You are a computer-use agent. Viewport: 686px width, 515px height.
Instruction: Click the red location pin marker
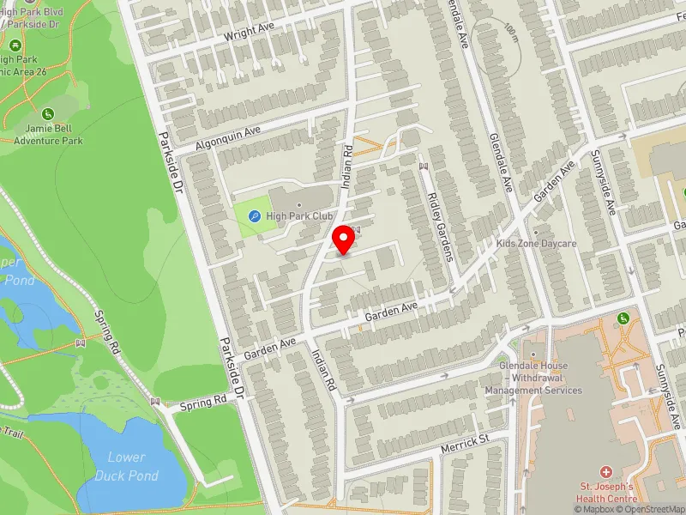(344, 239)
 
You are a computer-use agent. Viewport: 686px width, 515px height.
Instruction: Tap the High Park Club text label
(299, 216)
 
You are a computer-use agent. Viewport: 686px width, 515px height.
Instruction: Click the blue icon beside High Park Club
(254, 217)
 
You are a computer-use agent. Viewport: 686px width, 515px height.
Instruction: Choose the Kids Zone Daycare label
(536, 244)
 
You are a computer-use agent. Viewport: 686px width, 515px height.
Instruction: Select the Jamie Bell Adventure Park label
(49, 135)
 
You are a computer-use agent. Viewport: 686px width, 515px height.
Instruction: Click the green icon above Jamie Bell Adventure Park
(49, 113)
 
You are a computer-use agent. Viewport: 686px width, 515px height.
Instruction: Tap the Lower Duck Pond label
(126, 466)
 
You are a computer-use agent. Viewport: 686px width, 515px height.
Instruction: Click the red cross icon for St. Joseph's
(606, 473)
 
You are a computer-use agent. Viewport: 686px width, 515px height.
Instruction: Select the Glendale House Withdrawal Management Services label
(533, 378)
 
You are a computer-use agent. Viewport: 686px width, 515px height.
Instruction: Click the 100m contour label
(513, 33)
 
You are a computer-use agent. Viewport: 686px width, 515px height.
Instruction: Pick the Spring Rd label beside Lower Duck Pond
(203, 401)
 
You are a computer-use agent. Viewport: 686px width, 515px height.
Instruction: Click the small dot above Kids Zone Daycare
(536, 232)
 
